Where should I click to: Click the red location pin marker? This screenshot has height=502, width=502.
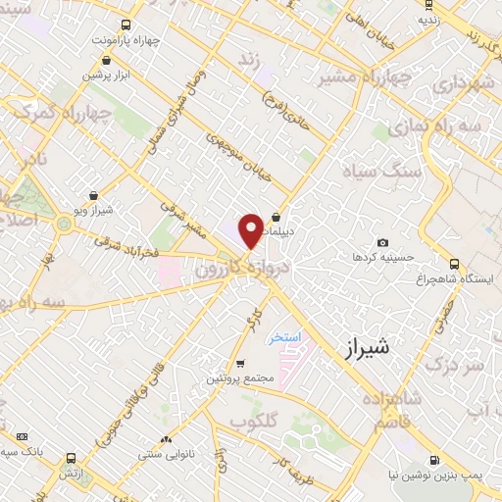pyautogui.click(x=251, y=229)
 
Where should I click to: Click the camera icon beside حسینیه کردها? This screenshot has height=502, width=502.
pyautogui.click(x=382, y=243)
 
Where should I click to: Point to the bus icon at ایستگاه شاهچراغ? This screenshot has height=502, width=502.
pyautogui.click(x=453, y=264)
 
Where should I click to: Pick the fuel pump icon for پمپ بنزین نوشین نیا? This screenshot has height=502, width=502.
pyautogui.click(x=434, y=459)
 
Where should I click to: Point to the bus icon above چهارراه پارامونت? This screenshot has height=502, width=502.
pyautogui.click(x=124, y=25)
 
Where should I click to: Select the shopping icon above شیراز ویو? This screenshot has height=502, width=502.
pyautogui.click(x=93, y=196)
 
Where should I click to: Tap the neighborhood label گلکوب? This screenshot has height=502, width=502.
pyautogui.click(x=250, y=420)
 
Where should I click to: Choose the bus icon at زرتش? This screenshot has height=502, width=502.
pyautogui.click(x=70, y=458)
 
